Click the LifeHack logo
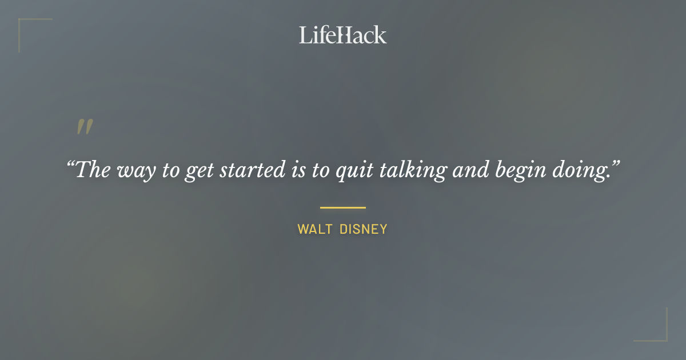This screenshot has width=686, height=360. point(343,35)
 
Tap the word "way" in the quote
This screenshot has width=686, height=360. point(137,171)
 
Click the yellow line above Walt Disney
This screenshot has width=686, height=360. point(343,207)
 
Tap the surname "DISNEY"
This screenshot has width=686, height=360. point(364,230)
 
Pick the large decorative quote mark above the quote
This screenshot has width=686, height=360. point(85,127)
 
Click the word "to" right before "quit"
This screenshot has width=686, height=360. point(316,170)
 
